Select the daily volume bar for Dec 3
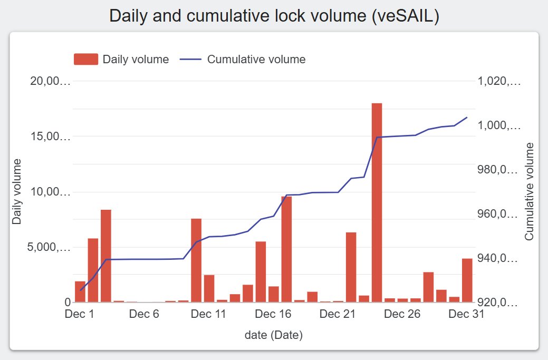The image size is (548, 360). coord(106,256)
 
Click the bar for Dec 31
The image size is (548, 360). coord(467,280)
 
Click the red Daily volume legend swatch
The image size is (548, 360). coord(86,59)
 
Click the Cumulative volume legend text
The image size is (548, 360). coord(256,59)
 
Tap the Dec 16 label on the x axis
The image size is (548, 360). coord(273,314)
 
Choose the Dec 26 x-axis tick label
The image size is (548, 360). coord(402,314)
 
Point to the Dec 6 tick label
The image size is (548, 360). coord(144,314)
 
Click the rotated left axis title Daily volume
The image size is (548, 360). coord(17,191)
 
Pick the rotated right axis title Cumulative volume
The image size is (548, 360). coord(530,191)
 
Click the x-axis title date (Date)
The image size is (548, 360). coord(273,335)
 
